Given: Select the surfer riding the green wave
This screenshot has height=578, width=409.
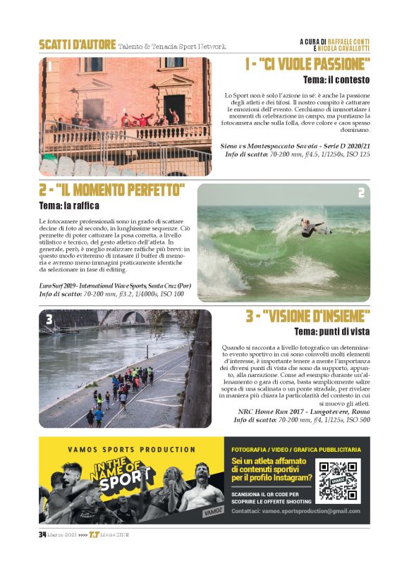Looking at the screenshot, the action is (310, 228).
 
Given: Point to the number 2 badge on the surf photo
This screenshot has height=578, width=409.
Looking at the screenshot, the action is (361, 193).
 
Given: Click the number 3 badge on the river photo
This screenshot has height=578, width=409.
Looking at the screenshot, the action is (49, 319).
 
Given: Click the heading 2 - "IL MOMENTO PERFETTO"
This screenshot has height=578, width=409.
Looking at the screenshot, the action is (112, 190).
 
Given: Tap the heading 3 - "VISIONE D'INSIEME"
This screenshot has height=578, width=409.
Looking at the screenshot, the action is (307, 316).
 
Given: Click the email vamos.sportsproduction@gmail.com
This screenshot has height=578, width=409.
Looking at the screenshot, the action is (295, 511).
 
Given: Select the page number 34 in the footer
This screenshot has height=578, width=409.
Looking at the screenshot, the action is (42, 534).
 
